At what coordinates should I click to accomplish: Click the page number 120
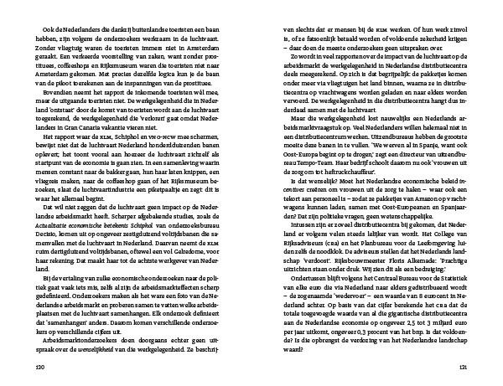(x=38, y=366)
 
